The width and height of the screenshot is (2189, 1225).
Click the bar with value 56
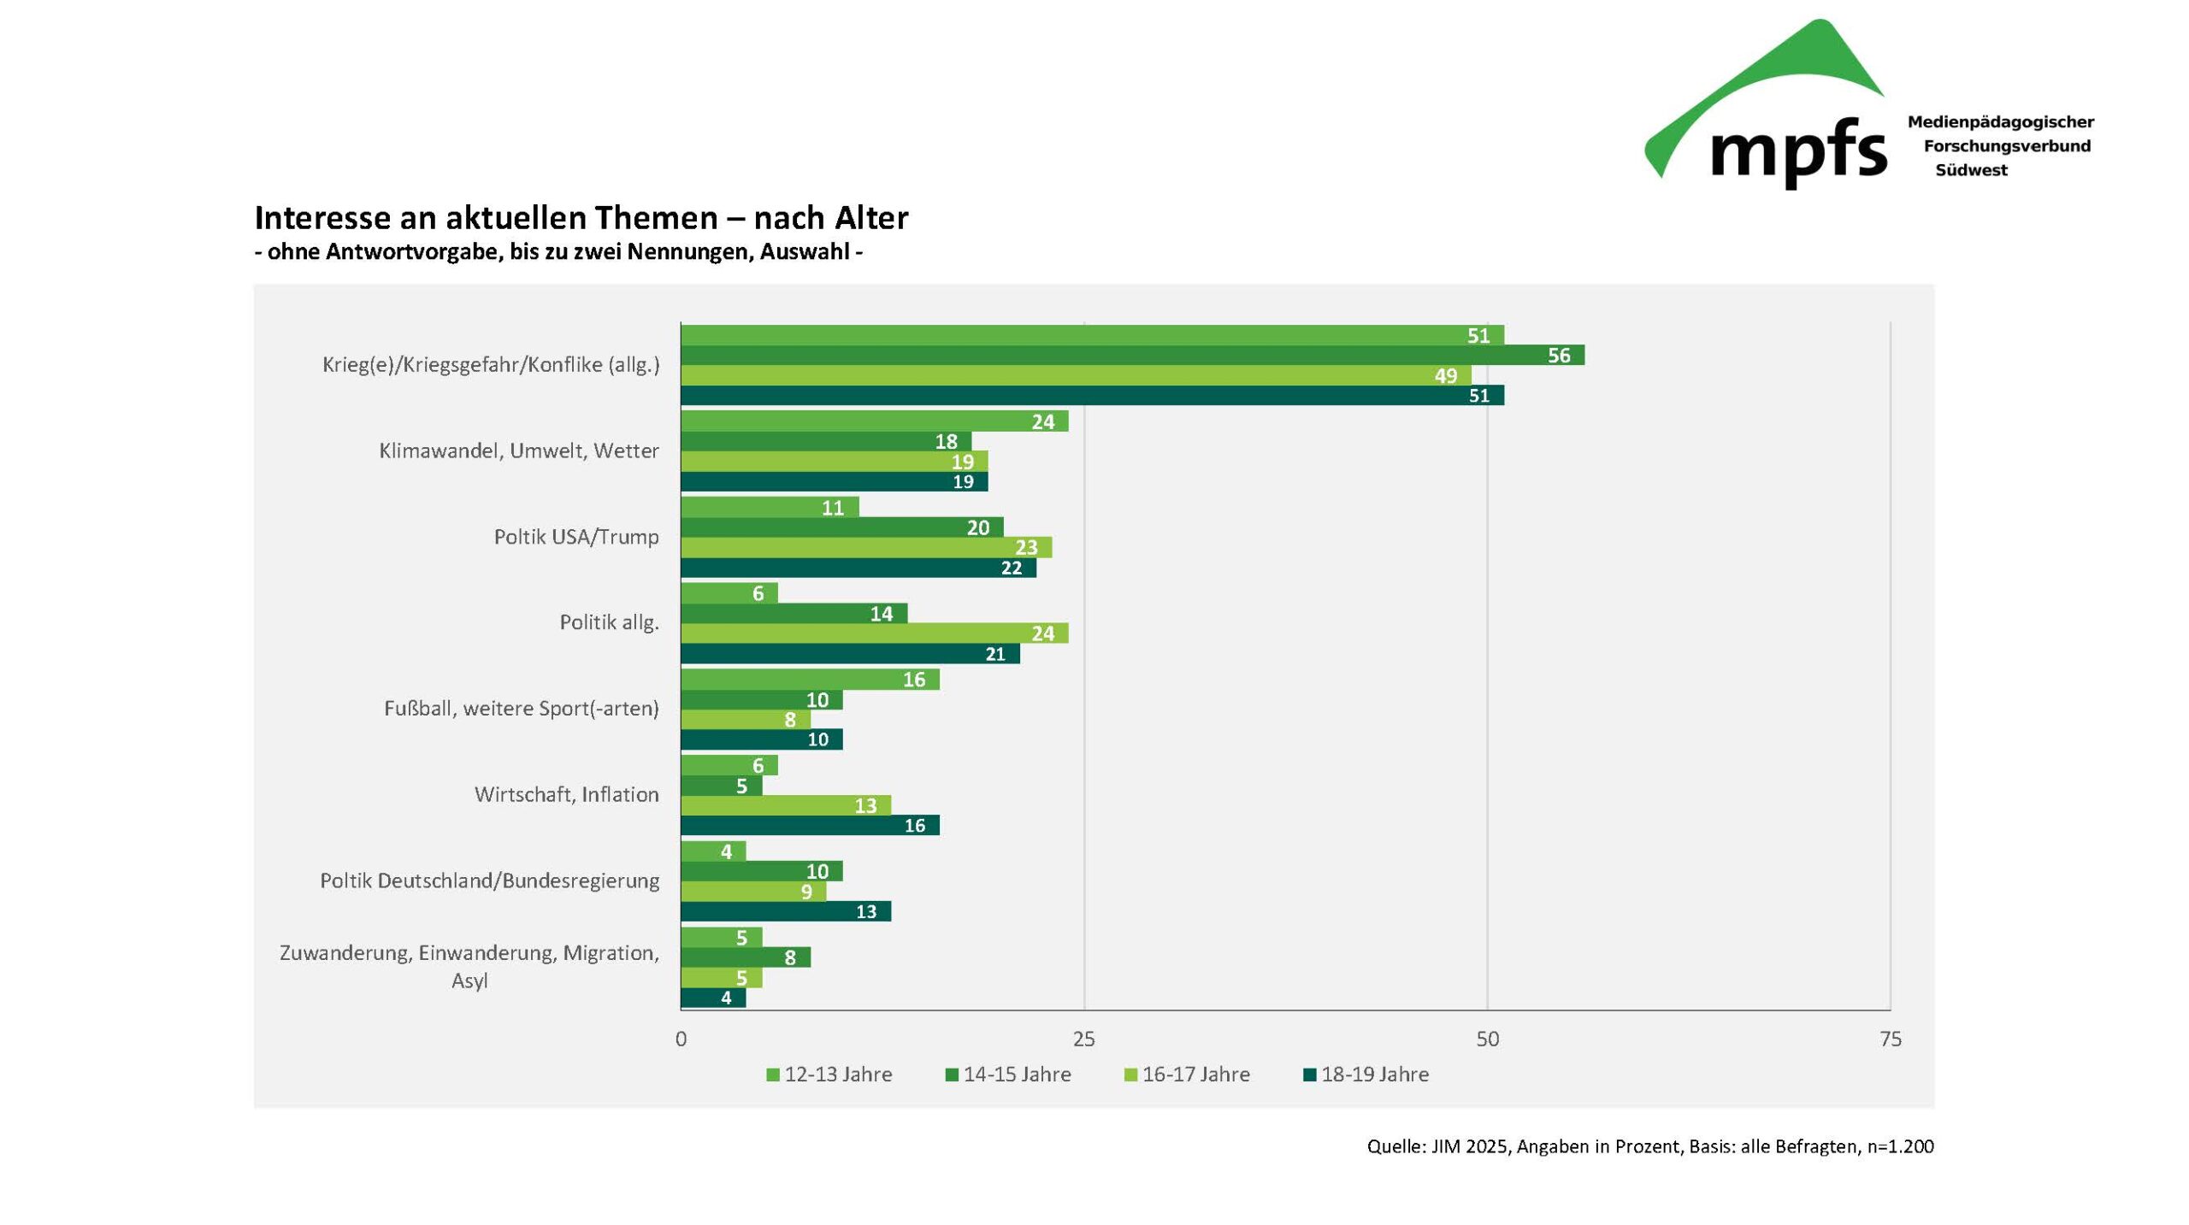click(x=1131, y=355)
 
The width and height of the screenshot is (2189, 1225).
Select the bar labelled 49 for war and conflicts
click(x=1075, y=375)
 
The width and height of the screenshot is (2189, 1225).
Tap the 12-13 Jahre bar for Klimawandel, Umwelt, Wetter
click(x=873, y=421)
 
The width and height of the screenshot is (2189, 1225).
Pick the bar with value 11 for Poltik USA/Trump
click(x=769, y=507)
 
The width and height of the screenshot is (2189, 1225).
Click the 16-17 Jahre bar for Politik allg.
click(x=873, y=633)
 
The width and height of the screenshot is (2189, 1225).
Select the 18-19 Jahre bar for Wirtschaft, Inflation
click(x=809, y=825)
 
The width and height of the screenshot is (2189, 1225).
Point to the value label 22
click(x=1011, y=568)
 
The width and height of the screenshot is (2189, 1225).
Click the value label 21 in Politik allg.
click(x=994, y=654)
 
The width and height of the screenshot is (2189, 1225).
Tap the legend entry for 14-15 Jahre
click(x=1016, y=1075)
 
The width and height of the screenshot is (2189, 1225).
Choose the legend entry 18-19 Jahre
click(x=1374, y=1075)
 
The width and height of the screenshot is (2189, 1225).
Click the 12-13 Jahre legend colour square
click(x=773, y=1075)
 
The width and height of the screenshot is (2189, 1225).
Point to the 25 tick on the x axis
click(x=1083, y=1039)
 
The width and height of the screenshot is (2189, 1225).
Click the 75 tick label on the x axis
click(x=1891, y=1039)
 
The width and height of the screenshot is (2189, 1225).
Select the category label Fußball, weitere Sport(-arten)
click(x=521, y=709)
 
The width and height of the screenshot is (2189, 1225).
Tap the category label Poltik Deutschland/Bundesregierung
click(x=489, y=880)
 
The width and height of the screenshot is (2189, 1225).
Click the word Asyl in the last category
click(x=469, y=981)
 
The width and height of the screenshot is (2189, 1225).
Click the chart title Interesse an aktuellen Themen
click(x=581, y=218)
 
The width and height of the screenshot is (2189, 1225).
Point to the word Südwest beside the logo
click(x=1971, y=170)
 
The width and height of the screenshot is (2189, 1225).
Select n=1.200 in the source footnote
click(x=1899, y=1146)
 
